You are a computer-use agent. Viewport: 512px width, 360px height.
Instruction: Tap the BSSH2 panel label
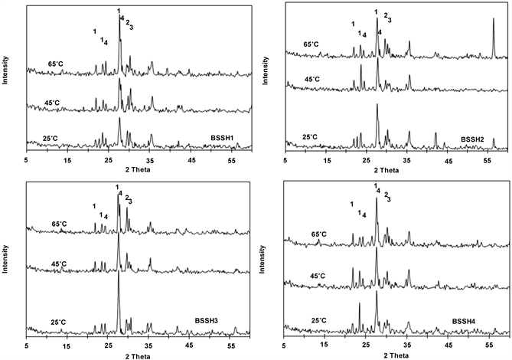[x=474, y=139]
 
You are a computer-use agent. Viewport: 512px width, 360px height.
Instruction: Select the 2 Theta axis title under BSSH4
[x=393, y=355]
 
